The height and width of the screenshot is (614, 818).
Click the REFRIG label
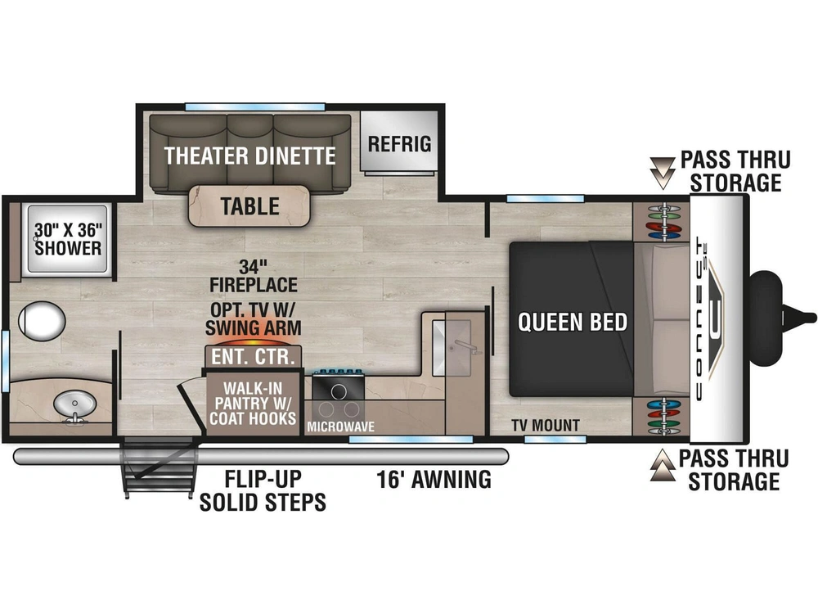click(x=400, y=143)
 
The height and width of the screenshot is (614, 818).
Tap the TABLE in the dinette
click(x=249, y=206)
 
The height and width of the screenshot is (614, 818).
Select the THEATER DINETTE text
click(x=249, y=156)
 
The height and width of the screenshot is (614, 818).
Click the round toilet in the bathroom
click(x=42, y=321)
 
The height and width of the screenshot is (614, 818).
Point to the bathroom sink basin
click(x=75, y=404)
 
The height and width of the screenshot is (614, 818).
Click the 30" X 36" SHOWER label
click(x=68, y=239)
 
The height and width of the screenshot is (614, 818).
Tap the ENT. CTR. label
click(x=253, y=357)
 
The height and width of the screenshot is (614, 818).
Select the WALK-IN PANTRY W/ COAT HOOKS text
click(x=253, y=403)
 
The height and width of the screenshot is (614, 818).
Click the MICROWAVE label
click(x=340, y=427)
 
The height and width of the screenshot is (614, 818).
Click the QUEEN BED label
click(x=573, y=322)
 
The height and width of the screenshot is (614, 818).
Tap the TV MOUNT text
click(x=545, y=426)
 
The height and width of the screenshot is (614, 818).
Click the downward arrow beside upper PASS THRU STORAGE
click(x=663, y=173)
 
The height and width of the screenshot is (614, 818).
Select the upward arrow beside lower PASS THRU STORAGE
click(x=663, y=465)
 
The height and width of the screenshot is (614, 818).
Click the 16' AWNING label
click(x=434, y=479)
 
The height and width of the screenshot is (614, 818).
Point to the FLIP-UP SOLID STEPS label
click(x=263, y=490)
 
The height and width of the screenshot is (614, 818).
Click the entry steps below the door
click(x=160, y=467)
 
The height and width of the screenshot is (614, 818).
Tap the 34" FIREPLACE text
click(x=254, y=276)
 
